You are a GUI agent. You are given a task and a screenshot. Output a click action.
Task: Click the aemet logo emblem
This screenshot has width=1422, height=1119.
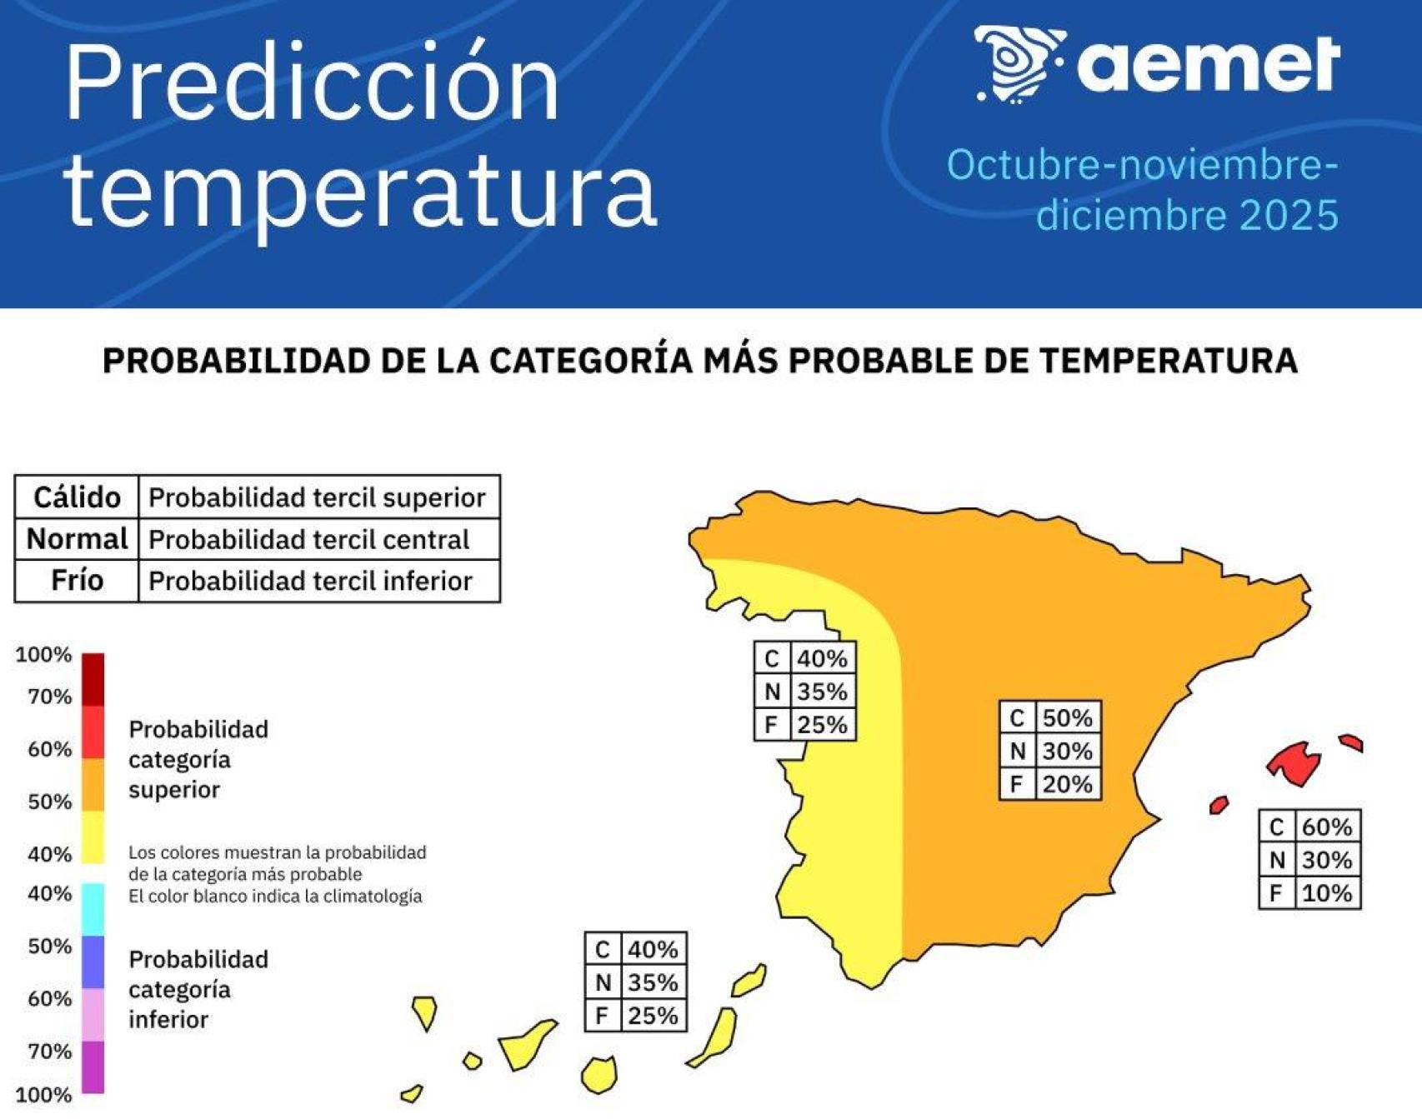tap(1019, 63)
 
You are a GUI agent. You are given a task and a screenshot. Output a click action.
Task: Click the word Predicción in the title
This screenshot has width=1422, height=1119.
tap(313, 83)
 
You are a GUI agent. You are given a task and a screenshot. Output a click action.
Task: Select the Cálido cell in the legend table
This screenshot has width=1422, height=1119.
tap(77, 497)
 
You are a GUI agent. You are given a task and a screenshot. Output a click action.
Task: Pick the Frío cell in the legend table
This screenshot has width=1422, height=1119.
tap(77, 580)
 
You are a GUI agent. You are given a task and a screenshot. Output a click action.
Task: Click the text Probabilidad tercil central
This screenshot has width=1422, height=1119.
tap(308, 540)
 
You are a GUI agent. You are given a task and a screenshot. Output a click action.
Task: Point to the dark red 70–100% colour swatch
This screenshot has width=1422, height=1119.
tap(93, 679)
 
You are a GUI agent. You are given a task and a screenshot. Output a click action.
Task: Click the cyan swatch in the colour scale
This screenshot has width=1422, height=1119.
tap(93, 909)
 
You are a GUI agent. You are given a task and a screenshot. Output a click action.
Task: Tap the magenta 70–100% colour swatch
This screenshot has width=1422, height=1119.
tap(93, 1067)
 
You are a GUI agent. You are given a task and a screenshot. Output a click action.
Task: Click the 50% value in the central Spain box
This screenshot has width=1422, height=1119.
tap(1067, 717)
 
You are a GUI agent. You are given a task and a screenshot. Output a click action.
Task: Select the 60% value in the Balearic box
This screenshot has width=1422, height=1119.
tap(1326, 827)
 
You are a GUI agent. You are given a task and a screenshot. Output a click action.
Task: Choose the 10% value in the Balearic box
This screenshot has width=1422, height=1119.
tap(1326, 893)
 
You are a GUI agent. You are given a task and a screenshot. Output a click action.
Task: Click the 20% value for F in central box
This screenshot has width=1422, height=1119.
tap(1067, 784)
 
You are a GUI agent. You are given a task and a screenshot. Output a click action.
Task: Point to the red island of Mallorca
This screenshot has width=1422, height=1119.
tap(1294, 762)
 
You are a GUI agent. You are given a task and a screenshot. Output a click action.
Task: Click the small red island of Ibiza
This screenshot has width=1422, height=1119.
tap(1219, 805)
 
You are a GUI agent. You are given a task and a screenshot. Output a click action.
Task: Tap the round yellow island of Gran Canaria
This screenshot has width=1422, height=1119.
tap(598, 1075)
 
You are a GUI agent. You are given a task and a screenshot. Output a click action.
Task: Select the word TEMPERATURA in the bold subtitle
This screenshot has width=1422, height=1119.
tap(1168, 361)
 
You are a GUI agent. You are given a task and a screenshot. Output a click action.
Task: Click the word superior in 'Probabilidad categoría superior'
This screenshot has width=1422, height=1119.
tap(174, 790)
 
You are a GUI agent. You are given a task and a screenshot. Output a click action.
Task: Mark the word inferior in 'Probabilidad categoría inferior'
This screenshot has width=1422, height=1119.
tap(168, 1020)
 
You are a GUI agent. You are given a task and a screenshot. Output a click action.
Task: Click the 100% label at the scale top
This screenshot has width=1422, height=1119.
tap(43, 655)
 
